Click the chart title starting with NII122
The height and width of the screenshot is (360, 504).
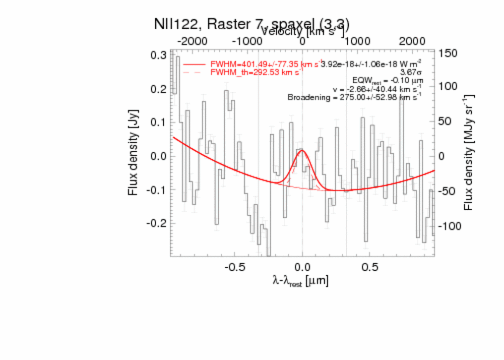pos(252,24)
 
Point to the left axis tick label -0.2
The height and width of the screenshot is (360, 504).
pos(157,223)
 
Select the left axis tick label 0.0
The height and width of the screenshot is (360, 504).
pos(159,156)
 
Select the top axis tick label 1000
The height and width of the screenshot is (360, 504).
pos(359,41)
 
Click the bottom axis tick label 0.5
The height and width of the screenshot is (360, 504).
pos(370,266)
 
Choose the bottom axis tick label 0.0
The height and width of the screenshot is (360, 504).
pos(302,266)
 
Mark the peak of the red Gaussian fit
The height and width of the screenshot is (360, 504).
pos(302,150)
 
